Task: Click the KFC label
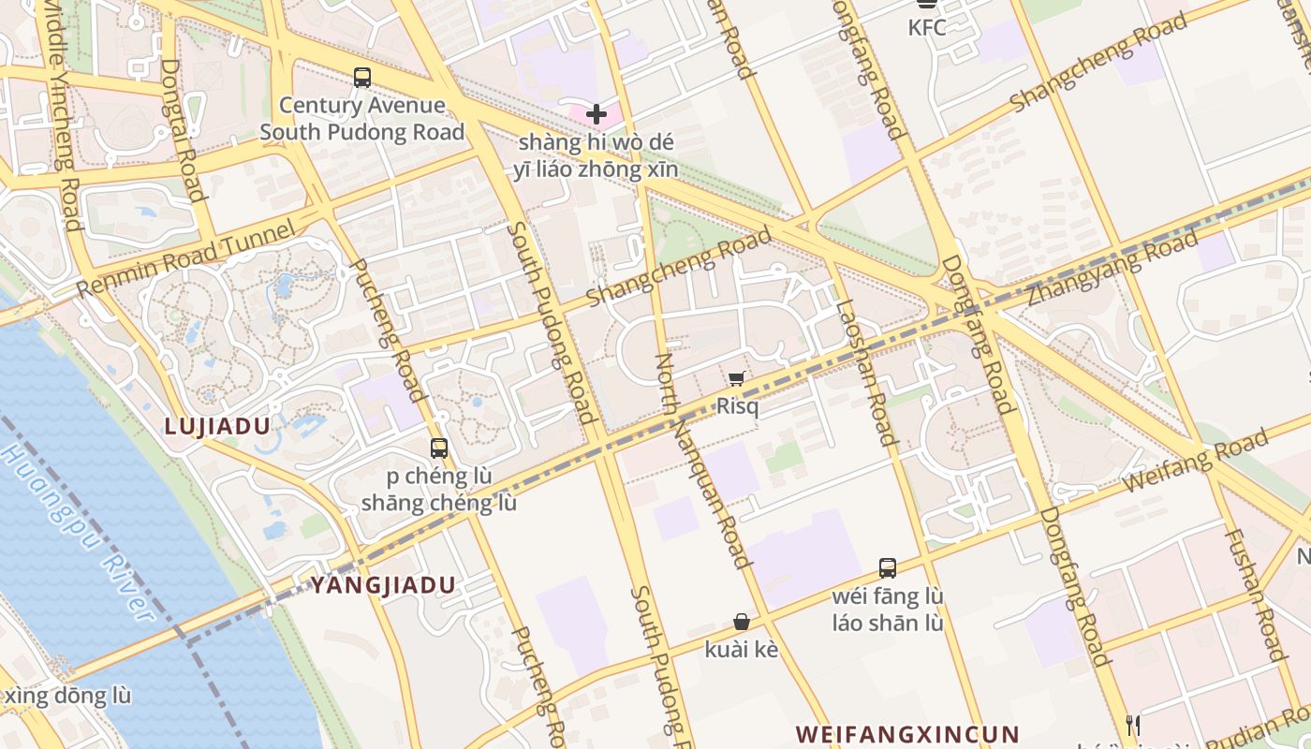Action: [927, 28]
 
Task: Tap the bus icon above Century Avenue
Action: [362, 78]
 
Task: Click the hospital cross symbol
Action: [597, 115]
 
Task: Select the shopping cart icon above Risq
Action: [737, 378]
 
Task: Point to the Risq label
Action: [737, 406]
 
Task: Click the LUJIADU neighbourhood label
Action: [217, 427]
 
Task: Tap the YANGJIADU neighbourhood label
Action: [383, 586]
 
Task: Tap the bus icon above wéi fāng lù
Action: [888, 568]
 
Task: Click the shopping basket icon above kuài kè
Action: [742, 622]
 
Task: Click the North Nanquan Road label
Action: [701, 461]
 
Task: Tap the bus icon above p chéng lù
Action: [439, 448]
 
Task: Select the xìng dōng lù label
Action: [67, 697]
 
